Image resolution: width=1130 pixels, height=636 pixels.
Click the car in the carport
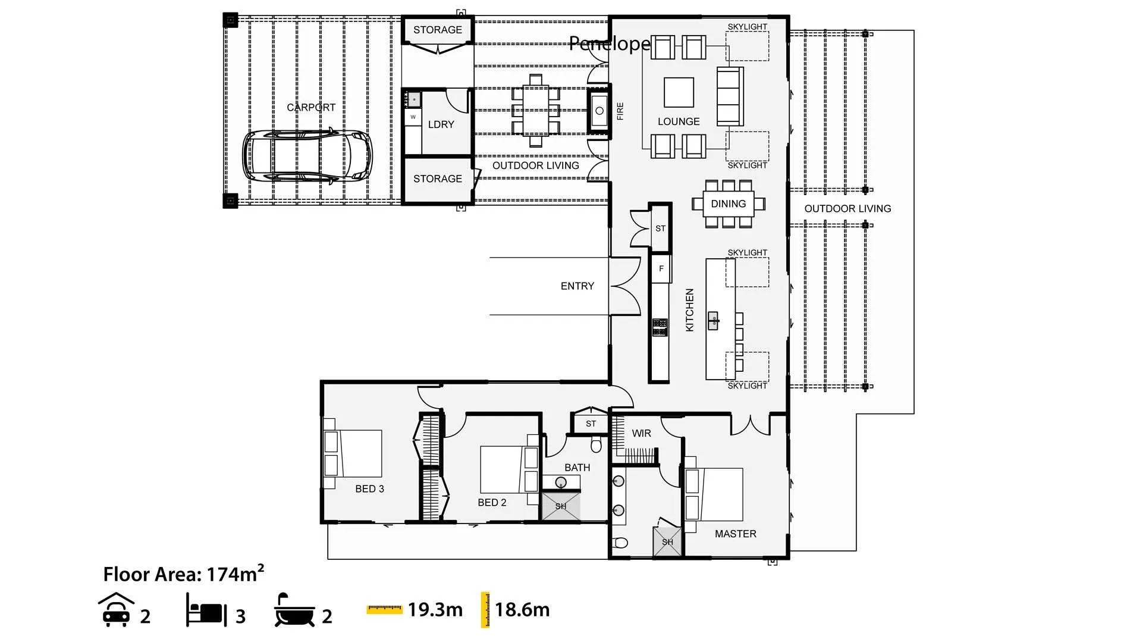coord(307,155)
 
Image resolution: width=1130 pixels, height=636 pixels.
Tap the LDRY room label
coord(441,124)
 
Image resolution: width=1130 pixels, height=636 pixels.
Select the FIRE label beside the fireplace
coord(620,111)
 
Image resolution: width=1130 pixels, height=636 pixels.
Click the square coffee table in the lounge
coord(679,92)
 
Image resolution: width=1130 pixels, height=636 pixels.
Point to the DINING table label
coord(728,203)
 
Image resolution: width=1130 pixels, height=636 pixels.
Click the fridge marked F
coord(661,268)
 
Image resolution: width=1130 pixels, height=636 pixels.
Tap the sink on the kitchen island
coord(714,321)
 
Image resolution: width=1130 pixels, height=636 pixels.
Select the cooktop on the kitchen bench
coord(660,327)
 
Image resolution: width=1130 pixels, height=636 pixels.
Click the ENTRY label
coord(577,286)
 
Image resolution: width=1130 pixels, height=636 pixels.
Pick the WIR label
coord(641,433)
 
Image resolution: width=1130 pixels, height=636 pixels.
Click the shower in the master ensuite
coord(667,542)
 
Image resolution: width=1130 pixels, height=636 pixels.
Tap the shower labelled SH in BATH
coord(560,506)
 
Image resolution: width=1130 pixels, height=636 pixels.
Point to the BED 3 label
coord(369,489)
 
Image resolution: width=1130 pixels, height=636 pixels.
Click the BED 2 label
coord(492,503)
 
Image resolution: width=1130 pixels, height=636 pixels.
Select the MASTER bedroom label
coord(735,534)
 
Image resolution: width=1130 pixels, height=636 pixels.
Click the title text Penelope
coord(610,43)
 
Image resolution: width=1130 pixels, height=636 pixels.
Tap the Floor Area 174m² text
coord(183,574)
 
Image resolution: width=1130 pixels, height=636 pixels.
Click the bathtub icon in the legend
coord(294,610)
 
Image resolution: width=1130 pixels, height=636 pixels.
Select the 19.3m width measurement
coord(435,610)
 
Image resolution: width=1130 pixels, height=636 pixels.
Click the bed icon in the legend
coord(206,610)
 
